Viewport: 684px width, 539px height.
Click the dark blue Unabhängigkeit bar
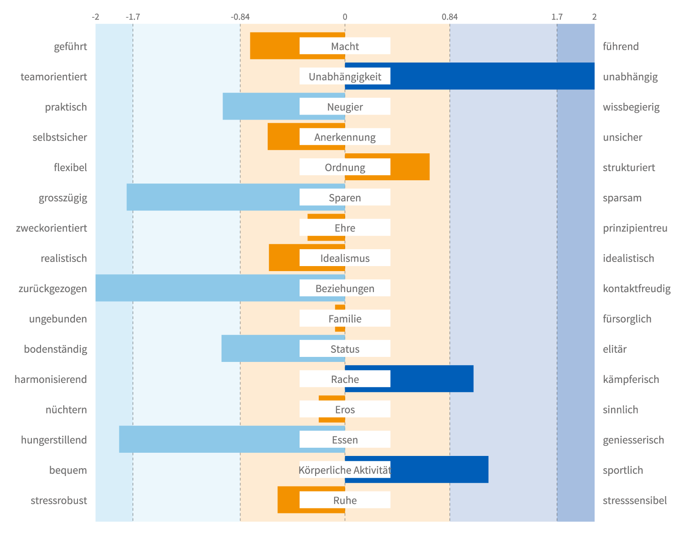pyautogui.click(x=492, y=76)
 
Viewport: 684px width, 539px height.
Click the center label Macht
pyautogui.click(x=345, y=46)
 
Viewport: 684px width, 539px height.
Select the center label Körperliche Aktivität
pyautogui.click(x=345, y=470)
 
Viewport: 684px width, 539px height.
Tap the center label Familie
pyautogui.click(x=345, y=319)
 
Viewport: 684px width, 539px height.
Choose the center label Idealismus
pyautogui.click(x=345, y=258)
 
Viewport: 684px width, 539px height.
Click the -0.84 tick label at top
pyautogui.click(x=240, y=17)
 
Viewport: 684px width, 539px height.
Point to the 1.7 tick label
pyautogui.click(x=557, y=17)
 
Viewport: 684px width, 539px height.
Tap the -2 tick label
pyautogui.click(x=95, y=17)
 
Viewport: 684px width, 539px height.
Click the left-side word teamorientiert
pyautogui.click(x=54, y=77)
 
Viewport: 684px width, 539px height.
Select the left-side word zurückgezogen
pyautogui.click(x=53, y=288)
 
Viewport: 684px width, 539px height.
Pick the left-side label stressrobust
pyautogui.click(x=59, y=501)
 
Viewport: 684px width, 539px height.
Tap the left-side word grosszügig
pyautogui.click(x=63, y=198)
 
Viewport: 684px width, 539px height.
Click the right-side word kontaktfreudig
pyautogui.click(x=637, y=288)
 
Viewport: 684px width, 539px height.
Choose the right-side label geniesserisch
pyautogui.click(x=633, y=440)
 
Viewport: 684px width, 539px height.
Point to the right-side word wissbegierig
pyautogui.click(x=631, y=107)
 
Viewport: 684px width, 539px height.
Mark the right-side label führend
pyautogui.click(x=621, y=47)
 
